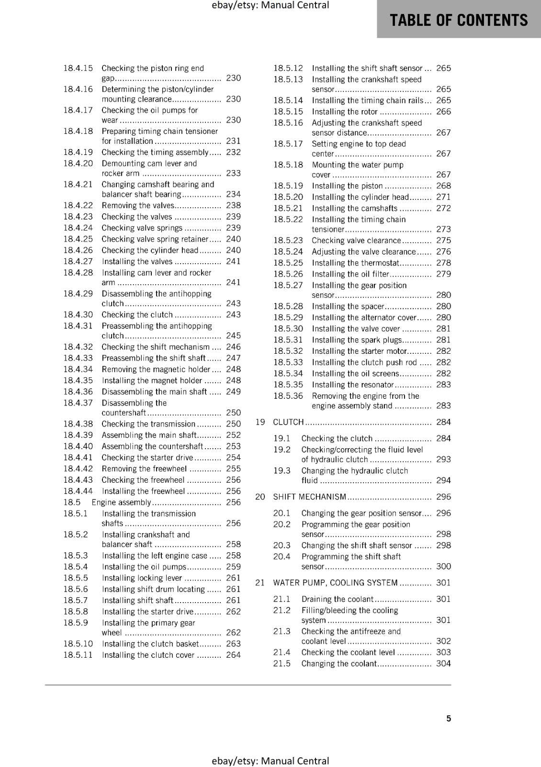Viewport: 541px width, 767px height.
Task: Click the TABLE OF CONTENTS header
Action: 459,20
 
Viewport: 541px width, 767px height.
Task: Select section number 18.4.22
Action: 78,205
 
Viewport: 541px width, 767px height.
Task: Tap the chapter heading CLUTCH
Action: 288,422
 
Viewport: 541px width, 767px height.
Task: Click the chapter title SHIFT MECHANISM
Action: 309,497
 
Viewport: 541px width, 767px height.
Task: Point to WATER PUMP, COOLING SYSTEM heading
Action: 335,582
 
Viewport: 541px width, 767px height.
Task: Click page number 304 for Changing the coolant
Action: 443,663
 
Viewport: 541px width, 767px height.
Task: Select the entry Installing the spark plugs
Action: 357,340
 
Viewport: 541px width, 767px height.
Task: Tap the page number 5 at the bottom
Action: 449,718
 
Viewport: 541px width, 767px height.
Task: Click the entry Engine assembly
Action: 121,502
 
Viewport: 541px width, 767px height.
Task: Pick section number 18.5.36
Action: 288,396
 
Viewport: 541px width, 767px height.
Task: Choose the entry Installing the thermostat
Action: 355,263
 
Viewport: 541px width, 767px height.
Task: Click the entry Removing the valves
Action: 138,205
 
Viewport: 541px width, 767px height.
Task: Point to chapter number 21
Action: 260,582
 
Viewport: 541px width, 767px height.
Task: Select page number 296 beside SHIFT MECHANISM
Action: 443,497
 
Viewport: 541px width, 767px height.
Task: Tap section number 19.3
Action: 282,471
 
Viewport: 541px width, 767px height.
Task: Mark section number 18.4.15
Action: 78,68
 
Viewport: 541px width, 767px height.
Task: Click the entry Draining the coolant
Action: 337,599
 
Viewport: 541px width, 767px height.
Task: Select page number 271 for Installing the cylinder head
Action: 443,197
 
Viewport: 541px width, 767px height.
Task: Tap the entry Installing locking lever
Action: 142,578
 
